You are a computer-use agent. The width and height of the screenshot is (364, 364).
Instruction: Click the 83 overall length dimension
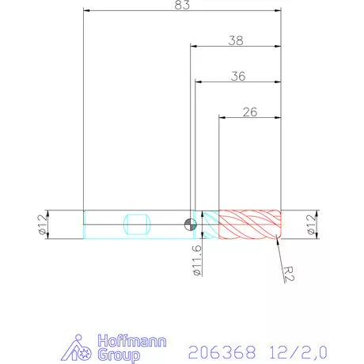click(x=183, y=5)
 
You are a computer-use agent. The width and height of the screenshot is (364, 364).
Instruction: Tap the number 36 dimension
click(x=237, y=76)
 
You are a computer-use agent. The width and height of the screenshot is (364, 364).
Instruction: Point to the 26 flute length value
click(x=249, y=112)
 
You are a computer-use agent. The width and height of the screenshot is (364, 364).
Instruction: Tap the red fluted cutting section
click(x=249, y=224)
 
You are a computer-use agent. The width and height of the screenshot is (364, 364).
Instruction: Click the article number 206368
click(x=215, y=348)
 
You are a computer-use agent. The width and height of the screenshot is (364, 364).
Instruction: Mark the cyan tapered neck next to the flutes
click(x=209, y=224)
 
